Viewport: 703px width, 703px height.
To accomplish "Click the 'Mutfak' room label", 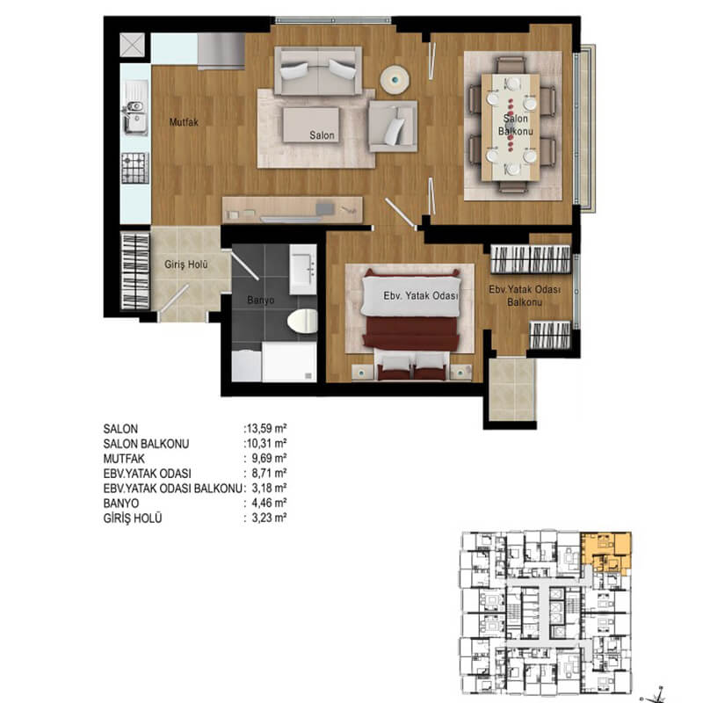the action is tap(184, 122).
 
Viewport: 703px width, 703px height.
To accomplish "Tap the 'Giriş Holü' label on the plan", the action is tap(186, 265).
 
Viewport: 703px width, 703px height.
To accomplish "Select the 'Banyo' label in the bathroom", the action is tap(260, 300).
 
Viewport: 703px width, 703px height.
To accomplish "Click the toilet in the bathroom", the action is tap(302, 321).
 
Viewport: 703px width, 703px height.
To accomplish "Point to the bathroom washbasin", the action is tap(303, 269).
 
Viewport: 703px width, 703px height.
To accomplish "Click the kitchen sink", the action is tap(135, 107).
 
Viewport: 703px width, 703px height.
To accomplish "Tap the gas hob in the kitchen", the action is tap(135, 168).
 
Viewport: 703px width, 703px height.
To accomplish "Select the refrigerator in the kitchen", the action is tap(221, 51).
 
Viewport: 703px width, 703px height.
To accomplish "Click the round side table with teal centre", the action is tap(395, 80).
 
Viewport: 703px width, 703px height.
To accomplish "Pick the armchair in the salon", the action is tap(393, 126).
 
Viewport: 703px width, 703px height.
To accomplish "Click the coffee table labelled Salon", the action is tap(311, 125).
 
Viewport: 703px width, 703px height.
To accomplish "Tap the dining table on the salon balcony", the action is tap(511, 127).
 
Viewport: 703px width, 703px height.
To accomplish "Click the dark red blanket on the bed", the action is tap(410, 333).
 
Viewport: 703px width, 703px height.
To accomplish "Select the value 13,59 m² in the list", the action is tap(267, 428).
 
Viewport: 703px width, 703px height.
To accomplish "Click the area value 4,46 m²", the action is tap(269, 503).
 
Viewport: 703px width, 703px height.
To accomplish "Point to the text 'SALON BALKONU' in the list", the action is tap(146, 444).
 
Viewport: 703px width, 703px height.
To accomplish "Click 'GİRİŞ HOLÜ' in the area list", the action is tap(133, 518).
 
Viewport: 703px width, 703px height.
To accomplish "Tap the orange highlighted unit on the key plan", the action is tap(606, 552).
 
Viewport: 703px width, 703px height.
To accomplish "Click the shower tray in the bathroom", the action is tap(289, 362).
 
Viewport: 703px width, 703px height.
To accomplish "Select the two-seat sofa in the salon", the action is tap(318, 71).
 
